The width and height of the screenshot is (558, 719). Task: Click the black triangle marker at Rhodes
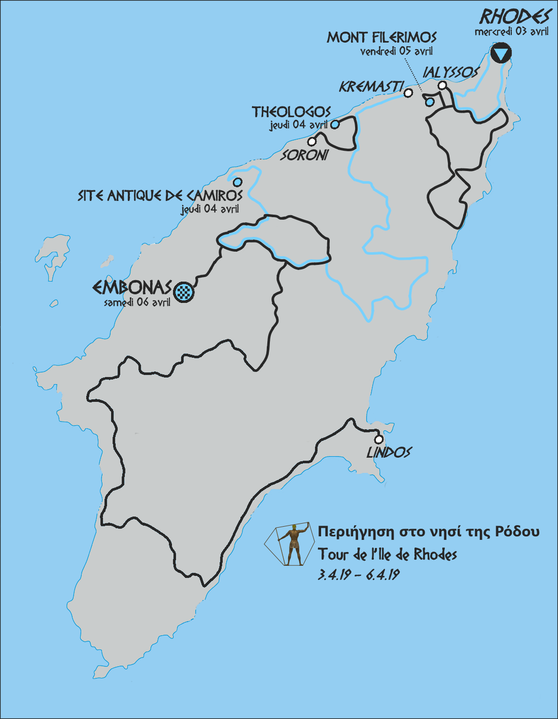(x=501, y=53)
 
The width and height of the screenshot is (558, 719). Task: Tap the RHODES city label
(x=515, y=17)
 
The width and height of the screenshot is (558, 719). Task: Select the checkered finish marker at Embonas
(x=184, y=292)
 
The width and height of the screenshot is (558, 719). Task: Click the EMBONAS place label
(x=132, y=288)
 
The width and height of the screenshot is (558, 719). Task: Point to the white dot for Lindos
(x=378, y=440)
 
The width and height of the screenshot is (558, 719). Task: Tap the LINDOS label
(x=389, y=452)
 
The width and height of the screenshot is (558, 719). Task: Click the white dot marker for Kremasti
(x=408, y=93)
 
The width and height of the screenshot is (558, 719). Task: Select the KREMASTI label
(x=371, y=87)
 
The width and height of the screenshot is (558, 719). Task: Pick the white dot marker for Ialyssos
(x=442, y=85)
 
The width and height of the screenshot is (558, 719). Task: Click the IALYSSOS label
(x=450, y=73)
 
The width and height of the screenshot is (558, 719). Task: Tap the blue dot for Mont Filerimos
(x=430, y=102)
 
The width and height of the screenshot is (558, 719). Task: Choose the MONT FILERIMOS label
(x=381, y=37)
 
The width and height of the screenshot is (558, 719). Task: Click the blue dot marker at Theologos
(x=335, y=124)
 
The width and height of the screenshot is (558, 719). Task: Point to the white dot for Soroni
(x=312, y=142)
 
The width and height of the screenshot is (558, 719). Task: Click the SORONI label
(x=305, y=155)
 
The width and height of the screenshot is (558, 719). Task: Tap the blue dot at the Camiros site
(x=237, y=182)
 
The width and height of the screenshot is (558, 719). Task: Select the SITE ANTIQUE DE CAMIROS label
(x=160, y=195)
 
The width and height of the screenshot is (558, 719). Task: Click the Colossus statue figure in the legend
(x=293, y=544)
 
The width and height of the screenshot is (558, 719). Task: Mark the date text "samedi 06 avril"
(x=137, y=302)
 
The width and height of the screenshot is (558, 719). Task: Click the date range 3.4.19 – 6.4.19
(x=359, y=575)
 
